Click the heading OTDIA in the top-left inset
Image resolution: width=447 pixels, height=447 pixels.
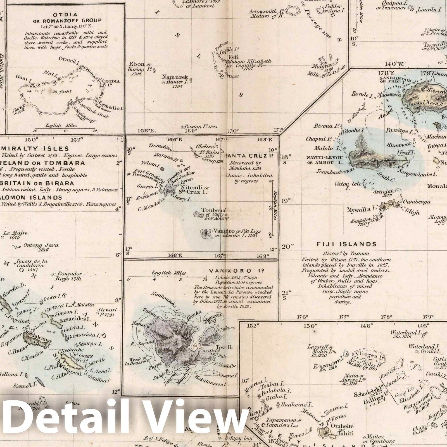(x=65, y=15)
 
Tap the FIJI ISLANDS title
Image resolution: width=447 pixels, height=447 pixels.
(x=346, y=244)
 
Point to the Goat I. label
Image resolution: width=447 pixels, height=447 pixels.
(x=22, y=77)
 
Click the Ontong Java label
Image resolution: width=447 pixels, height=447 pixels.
(x=41, y=245)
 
